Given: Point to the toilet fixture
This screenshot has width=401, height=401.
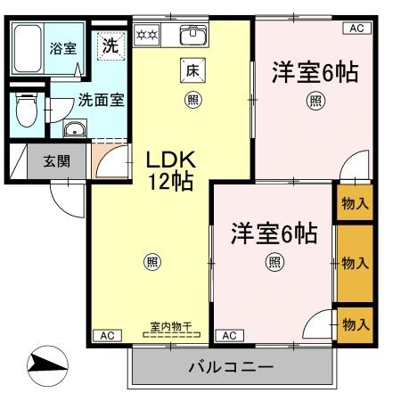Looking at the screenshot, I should click(x=27, y=112).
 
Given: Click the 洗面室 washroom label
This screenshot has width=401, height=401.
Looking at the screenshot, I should click(x=96, y=100).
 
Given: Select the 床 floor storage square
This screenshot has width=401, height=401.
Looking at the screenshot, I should click(x=192, y=70).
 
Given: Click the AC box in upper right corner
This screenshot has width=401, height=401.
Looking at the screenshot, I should click(x=356, y=29).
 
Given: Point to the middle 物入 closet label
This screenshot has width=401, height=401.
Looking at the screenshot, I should click(x=355, y=263).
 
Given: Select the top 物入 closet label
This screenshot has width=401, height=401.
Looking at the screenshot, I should click(x=355, y=204).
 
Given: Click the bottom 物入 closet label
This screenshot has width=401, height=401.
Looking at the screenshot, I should click(x=355, y=323).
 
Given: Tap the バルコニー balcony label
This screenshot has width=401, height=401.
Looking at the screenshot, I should click(x=231, y=367).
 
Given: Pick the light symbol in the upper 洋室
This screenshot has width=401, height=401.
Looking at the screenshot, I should click(x=315, y=101).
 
